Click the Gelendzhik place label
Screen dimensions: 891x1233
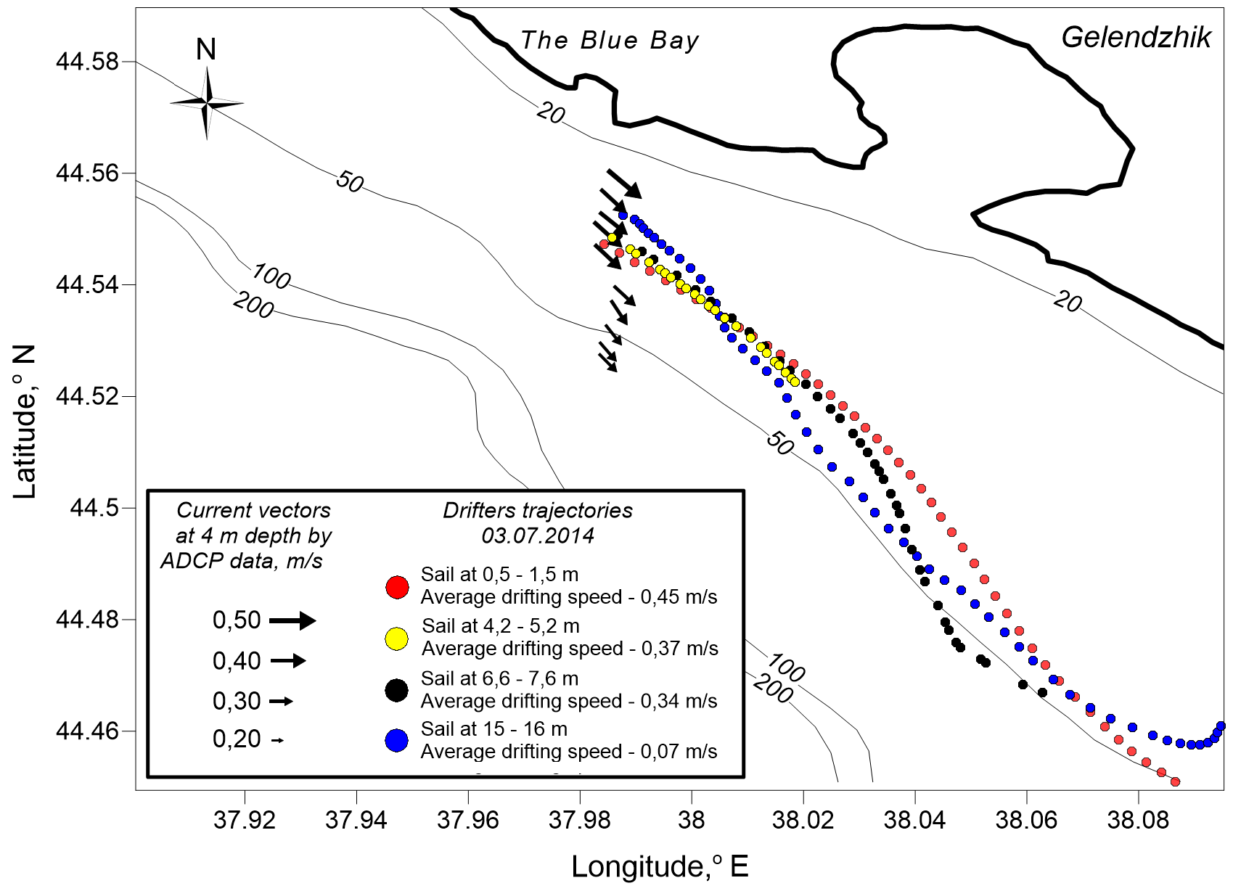[1136, 38]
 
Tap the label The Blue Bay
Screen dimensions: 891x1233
[610, 41]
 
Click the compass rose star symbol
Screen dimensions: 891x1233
[207, 103]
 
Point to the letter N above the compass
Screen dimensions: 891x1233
[206, 49]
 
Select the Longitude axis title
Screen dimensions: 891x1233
[659, 866]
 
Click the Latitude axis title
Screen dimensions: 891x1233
[24, 421]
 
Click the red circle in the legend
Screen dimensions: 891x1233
[397, 586]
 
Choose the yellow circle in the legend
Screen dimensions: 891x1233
[397, 638]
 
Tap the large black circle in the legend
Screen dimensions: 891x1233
[397, 690]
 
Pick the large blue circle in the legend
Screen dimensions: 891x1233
[397, 741]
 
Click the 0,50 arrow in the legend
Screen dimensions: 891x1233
[292, 620]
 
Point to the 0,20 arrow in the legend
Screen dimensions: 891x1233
[277, 740]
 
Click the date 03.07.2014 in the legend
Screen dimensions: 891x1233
[538, 536]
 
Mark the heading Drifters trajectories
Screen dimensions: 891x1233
[538, 511]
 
